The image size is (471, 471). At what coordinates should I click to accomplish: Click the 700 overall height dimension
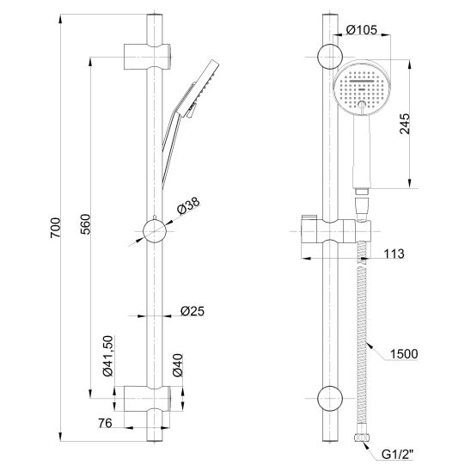[x=55, y=228]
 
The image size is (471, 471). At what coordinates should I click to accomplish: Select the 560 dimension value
[x=85, y=224]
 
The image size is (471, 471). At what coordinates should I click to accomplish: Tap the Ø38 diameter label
[x=188, y=205]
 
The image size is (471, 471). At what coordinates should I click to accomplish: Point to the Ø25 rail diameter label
[x=193, y=311]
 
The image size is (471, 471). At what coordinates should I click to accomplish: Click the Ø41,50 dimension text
[x=107, y=356]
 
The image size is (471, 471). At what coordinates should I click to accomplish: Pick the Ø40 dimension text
[x=178, y=365]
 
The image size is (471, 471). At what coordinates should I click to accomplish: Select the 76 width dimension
[x=105, y=423]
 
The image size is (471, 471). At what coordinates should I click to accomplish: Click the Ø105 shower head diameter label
[x=361, y=30]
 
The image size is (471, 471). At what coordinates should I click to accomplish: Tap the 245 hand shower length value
[x=405, y=124]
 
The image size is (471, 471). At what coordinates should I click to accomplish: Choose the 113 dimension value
[x=395, y=254]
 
